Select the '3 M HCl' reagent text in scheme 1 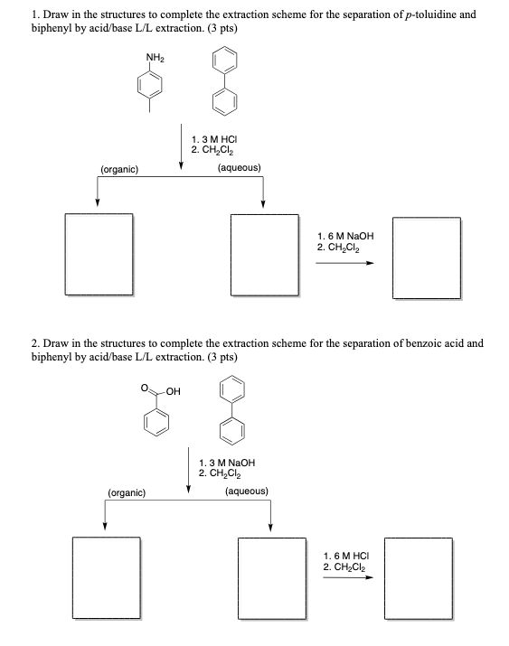click(217, 137)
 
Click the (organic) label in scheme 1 click(119, 169)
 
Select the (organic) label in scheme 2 click(127, 493)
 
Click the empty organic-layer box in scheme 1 click(99, 255)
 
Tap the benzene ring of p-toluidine click(150, 89)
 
